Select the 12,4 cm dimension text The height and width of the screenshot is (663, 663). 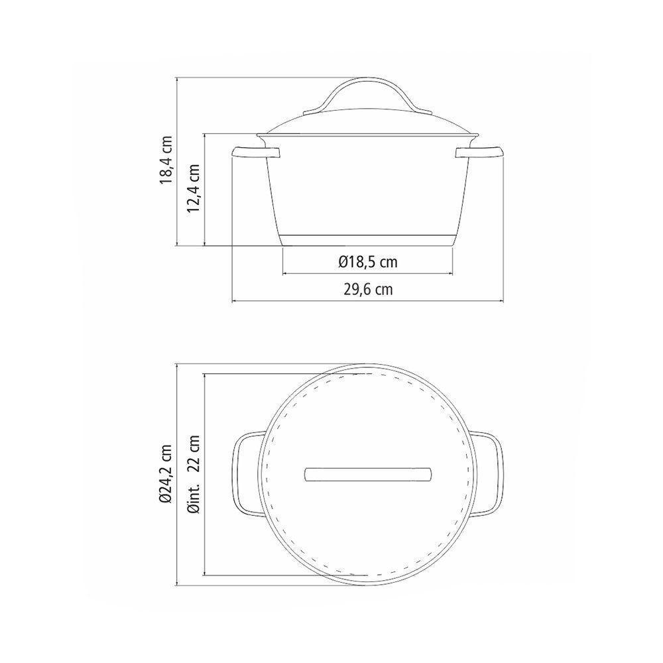pos(194,188)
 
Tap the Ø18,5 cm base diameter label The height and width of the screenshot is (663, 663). pos(368,262)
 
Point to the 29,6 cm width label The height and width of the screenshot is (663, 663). pos(368,290)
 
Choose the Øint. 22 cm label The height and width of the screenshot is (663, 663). pos(194,474)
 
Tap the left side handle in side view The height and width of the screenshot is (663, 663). pos(256,154)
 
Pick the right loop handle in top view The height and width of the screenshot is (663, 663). pos(493,474)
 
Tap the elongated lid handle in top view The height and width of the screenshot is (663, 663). pos(368,474)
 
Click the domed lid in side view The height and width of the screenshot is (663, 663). pos(368,126)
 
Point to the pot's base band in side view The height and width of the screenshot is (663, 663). pos(368,240)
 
